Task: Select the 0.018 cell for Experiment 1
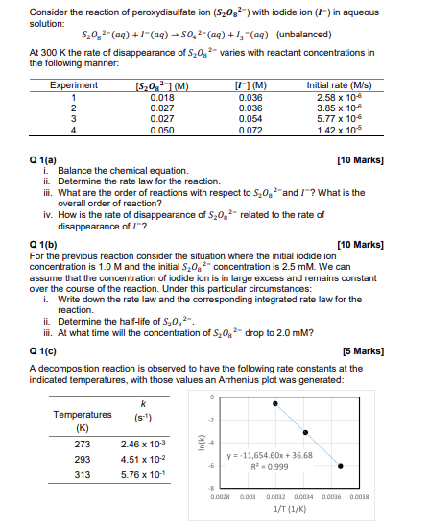[162, 97]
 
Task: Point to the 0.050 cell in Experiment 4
[162, 129]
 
